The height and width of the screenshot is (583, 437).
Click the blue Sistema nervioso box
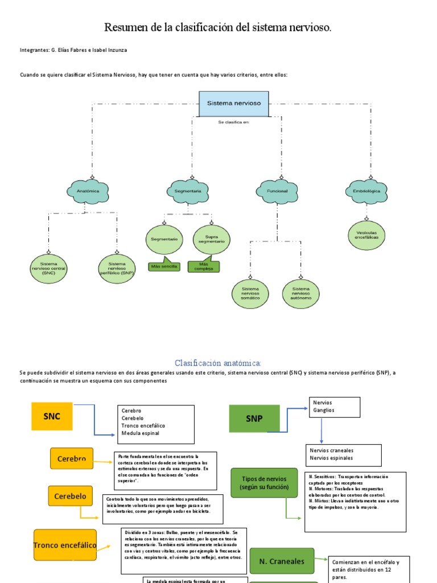(234, 104)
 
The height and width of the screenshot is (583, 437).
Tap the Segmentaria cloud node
(188, 192)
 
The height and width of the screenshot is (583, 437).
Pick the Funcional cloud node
(277, 192)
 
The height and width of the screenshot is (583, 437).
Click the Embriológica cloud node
(366, 192)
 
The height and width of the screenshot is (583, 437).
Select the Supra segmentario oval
(211, 239)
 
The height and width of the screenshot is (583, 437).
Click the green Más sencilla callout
(164, 266)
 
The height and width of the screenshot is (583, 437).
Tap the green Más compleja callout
(203, 266)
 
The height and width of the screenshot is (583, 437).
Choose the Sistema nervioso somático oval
(250, 293)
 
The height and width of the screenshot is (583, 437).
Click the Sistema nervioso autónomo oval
(300, 293)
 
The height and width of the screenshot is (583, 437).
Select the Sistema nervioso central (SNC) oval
(49, 268)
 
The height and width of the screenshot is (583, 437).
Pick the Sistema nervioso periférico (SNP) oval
(117, 268)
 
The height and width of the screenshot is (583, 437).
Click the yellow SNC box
(52, 416)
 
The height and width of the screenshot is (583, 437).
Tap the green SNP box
(254, 418)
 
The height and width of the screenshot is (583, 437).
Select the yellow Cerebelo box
(71, 496)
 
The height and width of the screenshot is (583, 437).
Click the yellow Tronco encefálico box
(64, 545)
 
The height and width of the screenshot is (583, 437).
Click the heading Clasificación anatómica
(218, 363)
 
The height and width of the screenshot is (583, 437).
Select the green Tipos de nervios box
(264, 482)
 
